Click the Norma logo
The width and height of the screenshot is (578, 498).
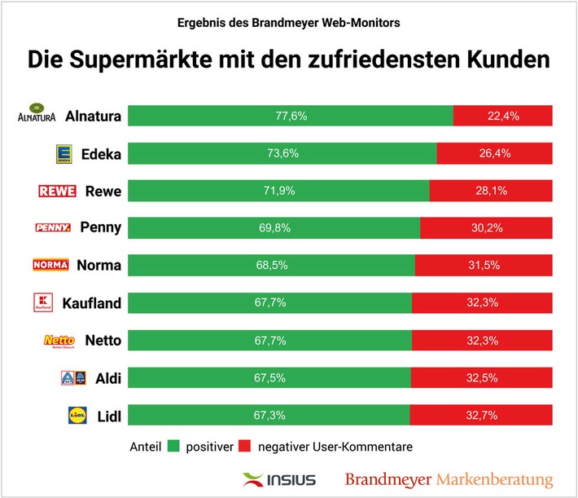(50, 265)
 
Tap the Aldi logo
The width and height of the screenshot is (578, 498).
(72, 377)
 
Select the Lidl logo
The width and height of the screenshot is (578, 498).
(77, 416)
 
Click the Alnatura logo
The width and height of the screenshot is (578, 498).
(37, 116)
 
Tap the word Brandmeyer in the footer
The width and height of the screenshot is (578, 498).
(388, 479)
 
